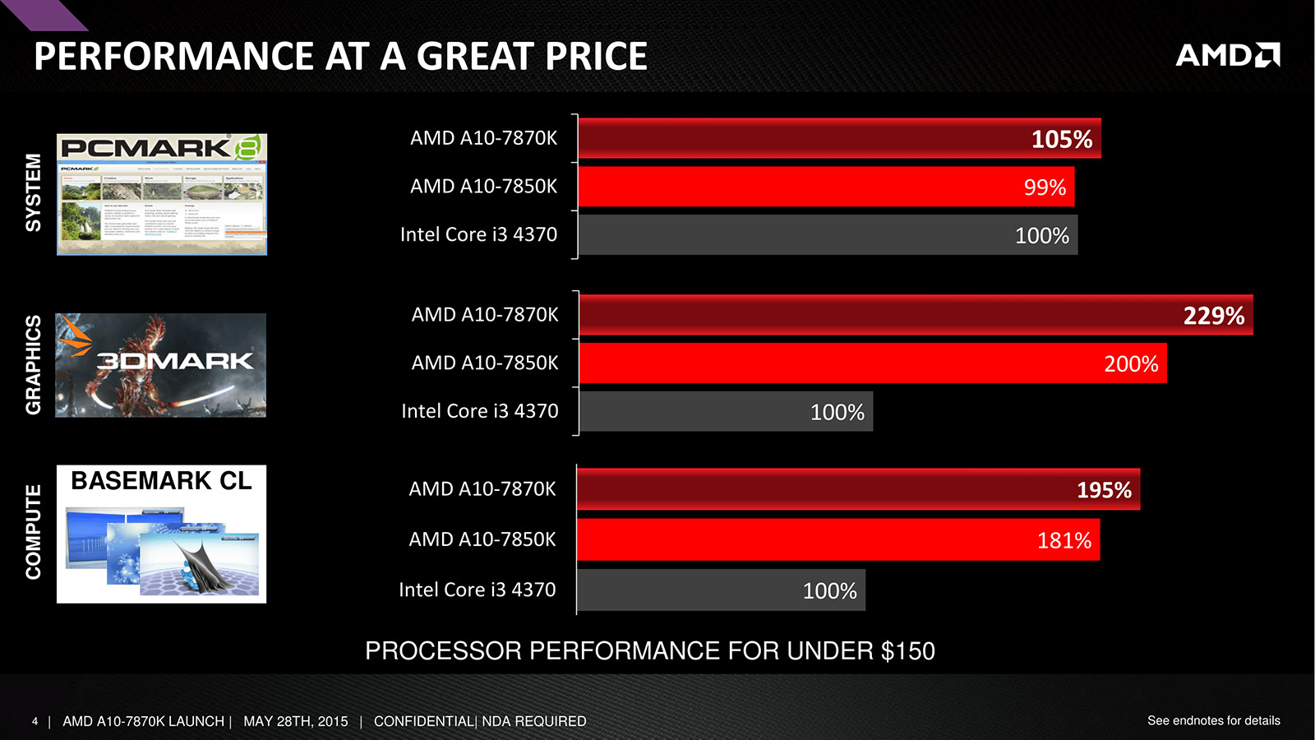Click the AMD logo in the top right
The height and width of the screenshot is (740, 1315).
1227,55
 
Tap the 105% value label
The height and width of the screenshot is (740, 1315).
1061,139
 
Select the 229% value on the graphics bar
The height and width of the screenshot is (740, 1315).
1213,316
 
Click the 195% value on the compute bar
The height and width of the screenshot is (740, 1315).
1104,490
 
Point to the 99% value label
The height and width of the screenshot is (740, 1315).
1045,187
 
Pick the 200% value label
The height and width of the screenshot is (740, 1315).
1131,364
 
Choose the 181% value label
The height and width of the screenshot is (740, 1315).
1064,540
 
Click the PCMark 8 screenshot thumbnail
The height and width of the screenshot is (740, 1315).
162,194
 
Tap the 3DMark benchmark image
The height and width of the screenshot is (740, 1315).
161,365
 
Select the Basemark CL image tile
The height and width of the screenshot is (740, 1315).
161,534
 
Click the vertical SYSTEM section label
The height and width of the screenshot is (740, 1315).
33,192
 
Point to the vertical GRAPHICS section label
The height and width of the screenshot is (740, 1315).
33,364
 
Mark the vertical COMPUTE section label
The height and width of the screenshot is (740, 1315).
33,532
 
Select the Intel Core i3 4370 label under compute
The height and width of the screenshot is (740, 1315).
477,590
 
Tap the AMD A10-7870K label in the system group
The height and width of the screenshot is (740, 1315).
483,138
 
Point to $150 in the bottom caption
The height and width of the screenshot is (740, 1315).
907,651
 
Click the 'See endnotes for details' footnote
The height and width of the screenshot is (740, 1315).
1213,720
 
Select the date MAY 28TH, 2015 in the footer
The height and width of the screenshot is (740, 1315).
295,721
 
